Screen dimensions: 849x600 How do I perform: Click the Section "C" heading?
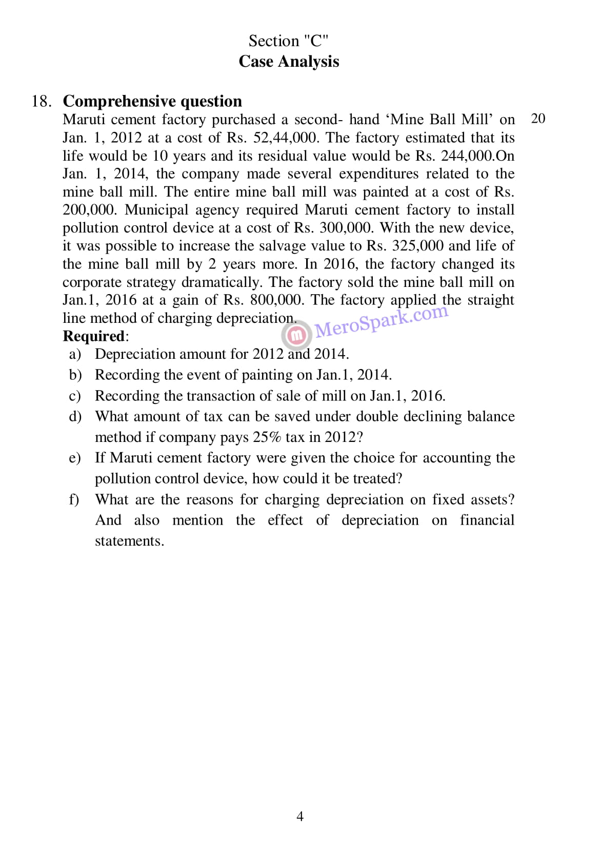point(288,41)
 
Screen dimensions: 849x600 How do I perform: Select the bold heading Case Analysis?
point(289,61)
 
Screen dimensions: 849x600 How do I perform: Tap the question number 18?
point(41,101)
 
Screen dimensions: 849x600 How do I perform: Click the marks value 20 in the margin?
point(538,119)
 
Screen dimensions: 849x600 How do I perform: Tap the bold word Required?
point(94,336)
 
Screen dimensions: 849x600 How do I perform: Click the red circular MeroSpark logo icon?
point(296,335)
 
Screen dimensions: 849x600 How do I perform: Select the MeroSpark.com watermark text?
point(382,322)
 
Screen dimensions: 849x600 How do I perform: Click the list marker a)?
point(75,354)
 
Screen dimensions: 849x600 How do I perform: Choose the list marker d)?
point(75,416)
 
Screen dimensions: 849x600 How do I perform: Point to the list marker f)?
point(74,499)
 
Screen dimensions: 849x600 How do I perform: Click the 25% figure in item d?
point(267,437)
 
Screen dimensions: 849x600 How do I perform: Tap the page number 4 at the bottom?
point(300,816)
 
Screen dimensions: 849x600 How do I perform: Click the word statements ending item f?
point(129,541)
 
